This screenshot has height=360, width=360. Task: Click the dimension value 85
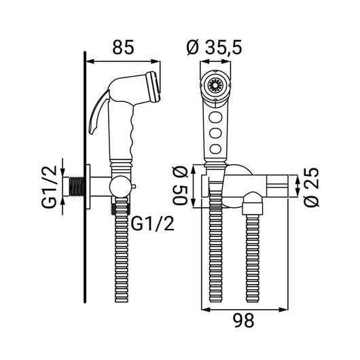(x=123, y=48)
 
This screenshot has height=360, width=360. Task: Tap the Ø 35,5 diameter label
(x=215, y=48)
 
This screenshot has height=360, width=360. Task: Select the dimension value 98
(x=244, y=321)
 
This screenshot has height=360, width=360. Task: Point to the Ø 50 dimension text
(x=181, y=186)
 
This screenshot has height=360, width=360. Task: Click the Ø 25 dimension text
(x=311, y=187)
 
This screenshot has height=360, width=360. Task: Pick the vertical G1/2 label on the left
(x=49, y=186)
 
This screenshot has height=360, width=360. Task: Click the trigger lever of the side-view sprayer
(x=98, y=113)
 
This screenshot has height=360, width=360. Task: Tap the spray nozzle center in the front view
(x=215, y=86)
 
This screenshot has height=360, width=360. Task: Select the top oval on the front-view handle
(x=215, y=118)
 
